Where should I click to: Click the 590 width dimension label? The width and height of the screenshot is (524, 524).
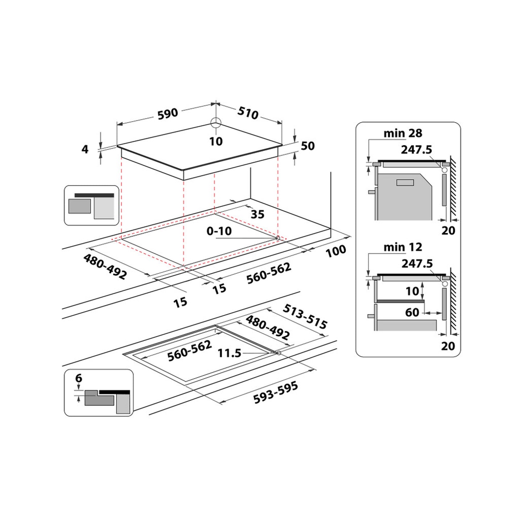(x=168, y=113)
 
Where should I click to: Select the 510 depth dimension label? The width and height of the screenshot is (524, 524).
(x=248, y=113)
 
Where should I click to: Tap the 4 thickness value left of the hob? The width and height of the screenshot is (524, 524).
(x=85, y=149)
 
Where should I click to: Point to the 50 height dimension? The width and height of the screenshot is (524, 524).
(x=308, y=146)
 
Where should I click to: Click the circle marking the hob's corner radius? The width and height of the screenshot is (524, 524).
(x=216, y=123)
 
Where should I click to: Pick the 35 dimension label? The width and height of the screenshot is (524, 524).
(x=257, y=214)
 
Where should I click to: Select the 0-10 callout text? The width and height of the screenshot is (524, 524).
(x=219, y=231)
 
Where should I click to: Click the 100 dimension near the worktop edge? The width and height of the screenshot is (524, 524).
(x=335, y=251)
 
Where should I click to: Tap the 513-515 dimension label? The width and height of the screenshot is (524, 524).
(x=305, y=316)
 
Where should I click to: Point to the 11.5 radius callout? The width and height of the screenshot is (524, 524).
(x=229, y=353)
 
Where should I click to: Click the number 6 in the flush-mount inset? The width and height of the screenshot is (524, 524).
(x=79, y=378)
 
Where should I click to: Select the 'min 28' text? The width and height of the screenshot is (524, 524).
(x=403, y=133)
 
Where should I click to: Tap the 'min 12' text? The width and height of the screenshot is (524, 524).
(x=403, y=247)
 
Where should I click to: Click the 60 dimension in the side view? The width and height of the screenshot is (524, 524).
(x=412, y=312)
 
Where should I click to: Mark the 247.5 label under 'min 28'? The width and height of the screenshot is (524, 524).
(x=416, y=149)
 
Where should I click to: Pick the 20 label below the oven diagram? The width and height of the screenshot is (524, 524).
(x=448, y=230)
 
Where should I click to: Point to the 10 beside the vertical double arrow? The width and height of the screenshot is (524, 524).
(x=412, y=291)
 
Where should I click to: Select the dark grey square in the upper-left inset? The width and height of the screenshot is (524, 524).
(x=79, y=206)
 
